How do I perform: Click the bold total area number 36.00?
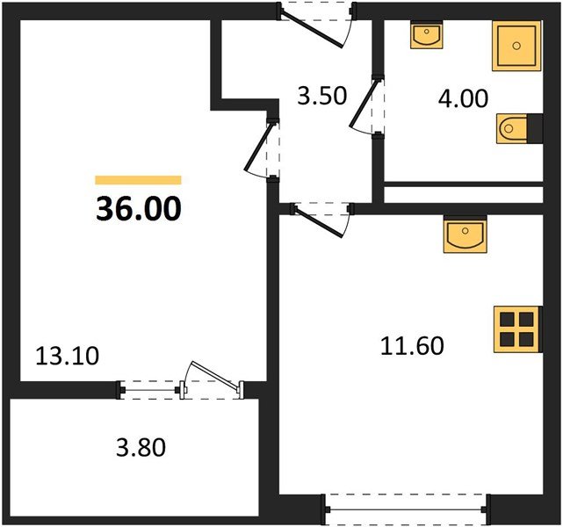(x=138, y=208)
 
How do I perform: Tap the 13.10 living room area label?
(x=67, y=357)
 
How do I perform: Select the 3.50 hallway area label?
(x=322, y=96)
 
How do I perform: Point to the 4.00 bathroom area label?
(x=463, y=98)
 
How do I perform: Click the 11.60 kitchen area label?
(x=412, y=346)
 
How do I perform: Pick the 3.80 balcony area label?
(x=141, y=448)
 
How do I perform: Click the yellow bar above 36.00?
(x=138, y=180)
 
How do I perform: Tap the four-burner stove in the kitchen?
(x=517, y=329)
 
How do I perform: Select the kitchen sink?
(x=465, y=235)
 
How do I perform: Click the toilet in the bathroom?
(x=512, y=128)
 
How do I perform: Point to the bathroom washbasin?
(x=427, y=35)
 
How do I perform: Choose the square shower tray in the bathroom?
(x=516, y=46)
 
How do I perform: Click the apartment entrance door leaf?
(x=311, y=29)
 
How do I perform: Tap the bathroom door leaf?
(x=365, y=103)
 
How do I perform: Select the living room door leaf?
(x=259, y=147)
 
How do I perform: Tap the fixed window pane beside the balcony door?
(x=149, y=390)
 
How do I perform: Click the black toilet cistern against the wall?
(x=535, y=128)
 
